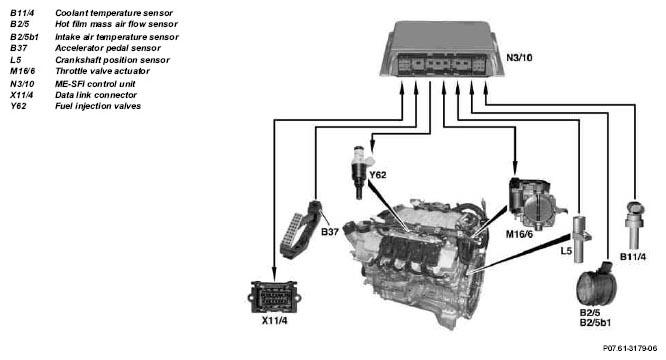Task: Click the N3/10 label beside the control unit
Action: [519, 57]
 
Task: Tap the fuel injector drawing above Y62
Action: [361, 172]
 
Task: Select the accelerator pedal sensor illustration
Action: [300, 230]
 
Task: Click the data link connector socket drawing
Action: [274, 296]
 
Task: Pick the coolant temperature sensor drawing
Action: [634, 225]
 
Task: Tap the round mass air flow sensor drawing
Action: [595, 284]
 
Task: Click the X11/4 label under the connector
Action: [274, 321]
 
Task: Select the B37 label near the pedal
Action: [330, 232]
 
